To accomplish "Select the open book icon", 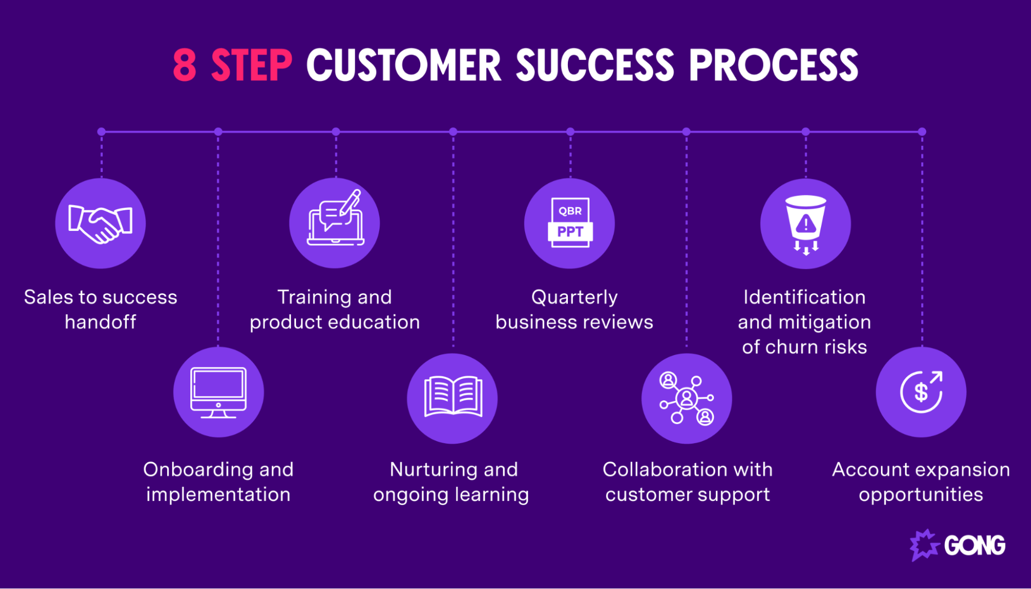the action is tap(453, 396).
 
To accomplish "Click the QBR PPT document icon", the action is tap(570, 223).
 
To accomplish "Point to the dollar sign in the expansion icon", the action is tap(921, 393).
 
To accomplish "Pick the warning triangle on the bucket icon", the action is tap(806, 224).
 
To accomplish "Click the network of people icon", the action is tap(686, 398).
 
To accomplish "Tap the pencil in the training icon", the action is tap(350, 202).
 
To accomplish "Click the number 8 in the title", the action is tap(185, 65).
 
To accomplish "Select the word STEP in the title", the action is tap(252, 65).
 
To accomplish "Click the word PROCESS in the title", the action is tap(774, 65).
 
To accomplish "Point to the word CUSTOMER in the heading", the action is tap(404, 65).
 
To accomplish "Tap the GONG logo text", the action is tap(975, 545).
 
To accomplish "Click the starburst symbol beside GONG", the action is tap(925, 545).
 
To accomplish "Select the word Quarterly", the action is tap(575, 297).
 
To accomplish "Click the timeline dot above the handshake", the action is tap(102, 132).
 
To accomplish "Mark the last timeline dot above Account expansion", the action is tap(922, 132).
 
